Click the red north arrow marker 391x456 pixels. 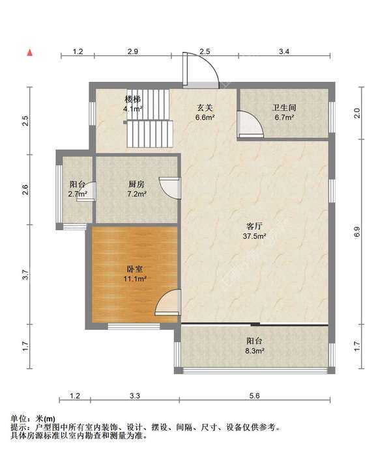point(30,53)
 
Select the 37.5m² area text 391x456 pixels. point(254,236)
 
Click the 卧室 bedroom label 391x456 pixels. point(135,269)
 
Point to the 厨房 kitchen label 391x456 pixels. point(136,184)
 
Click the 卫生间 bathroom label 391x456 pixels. point(284,107)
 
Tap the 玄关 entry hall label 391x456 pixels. point(205,108)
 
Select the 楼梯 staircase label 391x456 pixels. point(133,100)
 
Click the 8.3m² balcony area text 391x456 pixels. point(254,351)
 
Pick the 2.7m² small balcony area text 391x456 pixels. point(78,194)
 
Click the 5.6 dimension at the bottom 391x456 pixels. point(254,396)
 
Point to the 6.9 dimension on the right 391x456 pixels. point(357,232)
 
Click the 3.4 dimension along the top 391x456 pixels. point(284,51)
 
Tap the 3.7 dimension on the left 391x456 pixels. point(25,275)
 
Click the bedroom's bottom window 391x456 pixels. point(134,327)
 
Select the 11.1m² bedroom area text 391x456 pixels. point(135,278)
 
